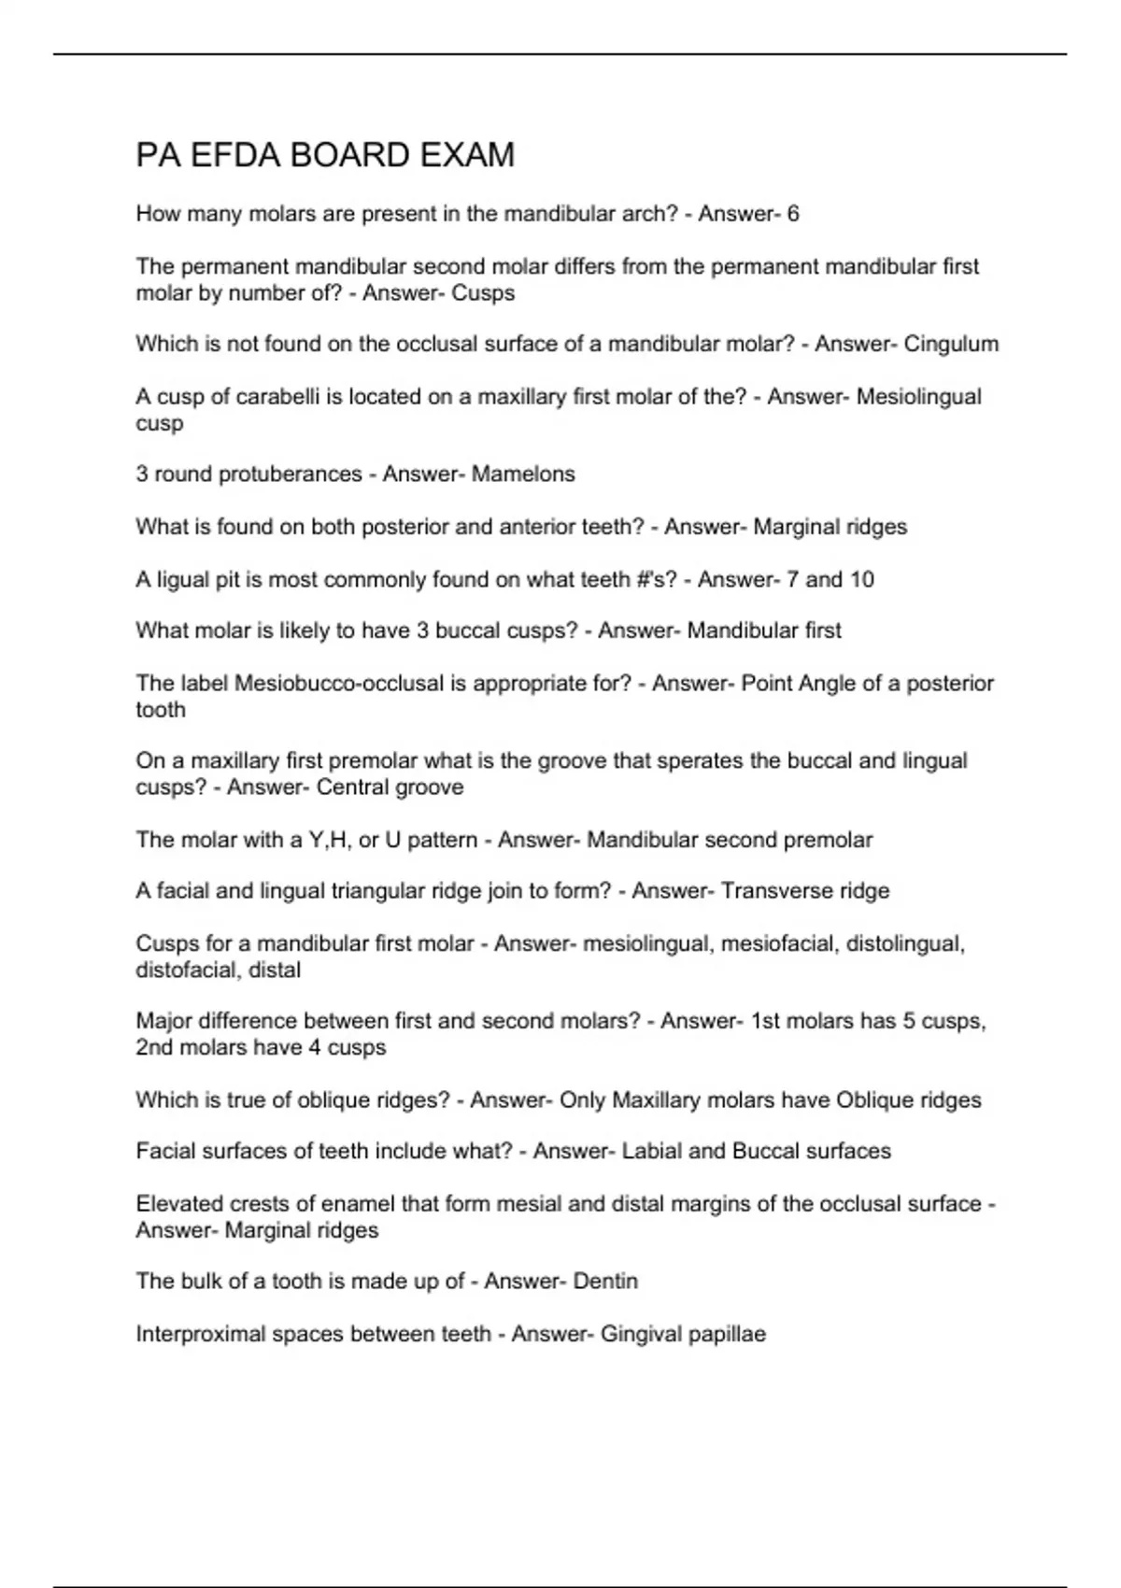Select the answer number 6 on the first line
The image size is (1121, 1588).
point(793,214)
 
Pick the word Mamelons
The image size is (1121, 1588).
point(523,475)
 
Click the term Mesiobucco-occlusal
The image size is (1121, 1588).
point(339,684)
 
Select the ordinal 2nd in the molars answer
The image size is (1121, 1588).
point(154,1048)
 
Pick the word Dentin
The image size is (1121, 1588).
point(604,1282)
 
